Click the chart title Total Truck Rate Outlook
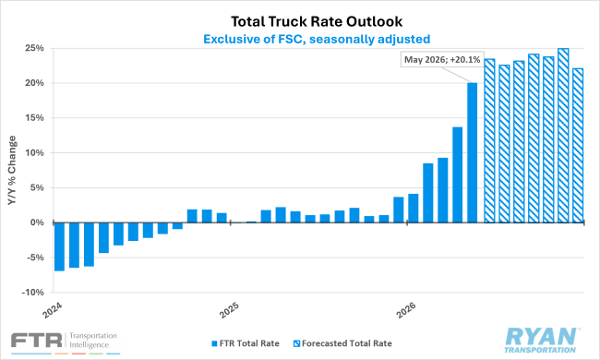317,21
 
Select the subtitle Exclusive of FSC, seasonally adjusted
317,39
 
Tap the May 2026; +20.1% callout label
442,60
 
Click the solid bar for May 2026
473,152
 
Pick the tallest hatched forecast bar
563,136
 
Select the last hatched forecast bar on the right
578,145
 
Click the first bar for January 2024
59,246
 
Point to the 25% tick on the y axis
34,48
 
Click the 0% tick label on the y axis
37,222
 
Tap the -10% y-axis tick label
33,293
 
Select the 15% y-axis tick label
34,118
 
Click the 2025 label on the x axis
229,310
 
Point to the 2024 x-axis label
52,310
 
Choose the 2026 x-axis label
406,310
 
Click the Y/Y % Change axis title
12,170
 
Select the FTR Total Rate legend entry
246,343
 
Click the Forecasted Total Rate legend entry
342,343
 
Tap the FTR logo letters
37,340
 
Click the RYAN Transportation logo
540,340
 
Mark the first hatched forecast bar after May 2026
489,140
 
